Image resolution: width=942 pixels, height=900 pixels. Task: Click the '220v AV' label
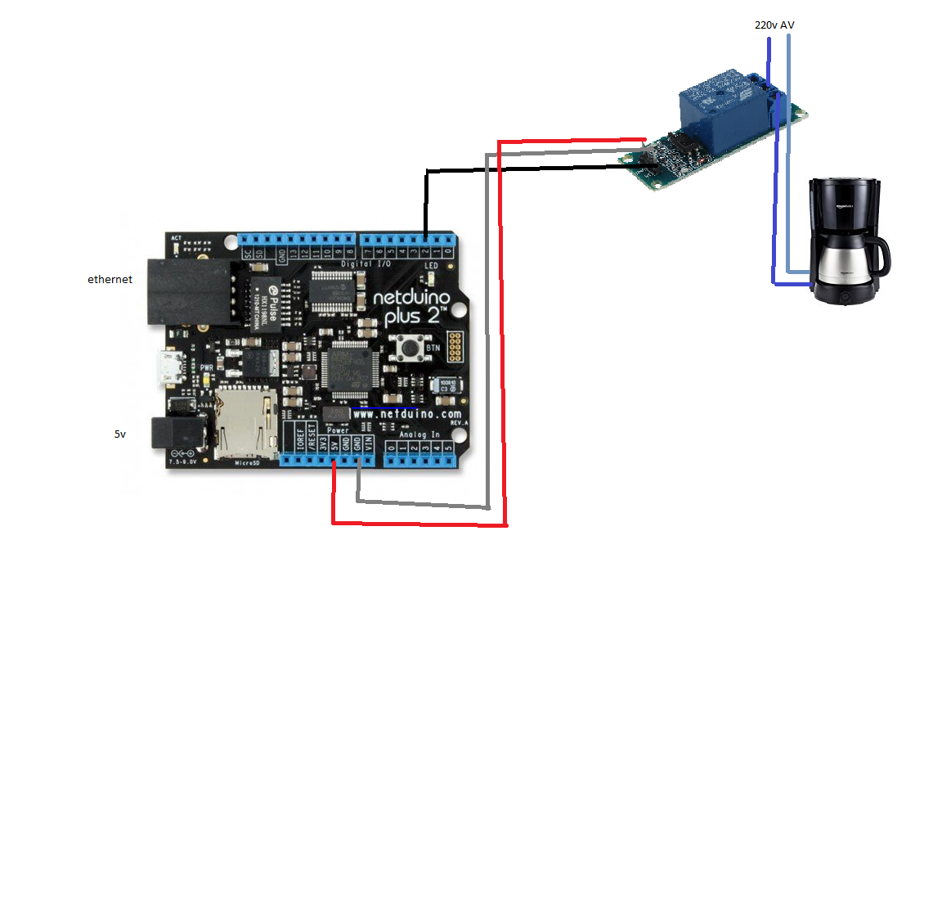point(774,25)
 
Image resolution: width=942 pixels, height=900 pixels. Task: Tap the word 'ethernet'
point(110,280)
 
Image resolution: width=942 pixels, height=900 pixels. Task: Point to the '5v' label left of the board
point(120,434)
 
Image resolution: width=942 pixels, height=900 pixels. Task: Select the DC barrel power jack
point(180,434)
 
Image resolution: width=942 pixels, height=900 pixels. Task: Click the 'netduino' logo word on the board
point(411,298)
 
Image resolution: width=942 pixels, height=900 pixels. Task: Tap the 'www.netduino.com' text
point(406,415)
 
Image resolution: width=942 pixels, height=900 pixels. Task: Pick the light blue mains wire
point(788,164)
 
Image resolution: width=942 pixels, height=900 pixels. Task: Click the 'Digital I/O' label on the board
point(366,264)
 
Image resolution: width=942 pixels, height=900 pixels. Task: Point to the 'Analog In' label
point(419,434)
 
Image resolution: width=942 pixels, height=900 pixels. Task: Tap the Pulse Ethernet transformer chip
point(266,303)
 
